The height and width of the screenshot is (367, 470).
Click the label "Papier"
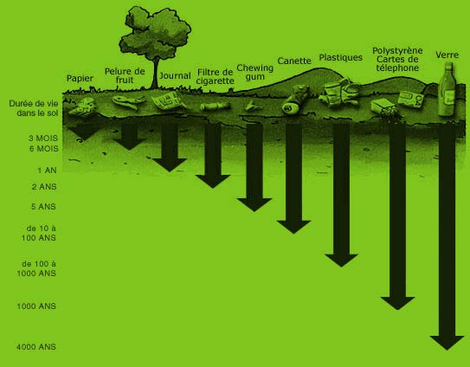80,79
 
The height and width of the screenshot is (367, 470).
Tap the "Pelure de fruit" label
125,75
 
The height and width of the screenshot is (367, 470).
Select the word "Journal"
175,75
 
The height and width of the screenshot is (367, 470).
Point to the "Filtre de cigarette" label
215,76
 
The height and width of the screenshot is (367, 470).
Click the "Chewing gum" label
254,72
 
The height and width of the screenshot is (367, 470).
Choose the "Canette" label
294,61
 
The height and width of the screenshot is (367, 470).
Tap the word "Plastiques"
340,57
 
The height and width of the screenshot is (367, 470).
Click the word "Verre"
447,55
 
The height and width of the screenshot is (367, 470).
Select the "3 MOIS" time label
43,138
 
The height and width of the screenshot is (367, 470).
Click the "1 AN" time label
47,171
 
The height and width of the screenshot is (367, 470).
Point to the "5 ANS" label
43,207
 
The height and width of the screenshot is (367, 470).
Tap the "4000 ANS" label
36,347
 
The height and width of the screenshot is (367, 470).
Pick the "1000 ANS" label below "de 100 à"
36,274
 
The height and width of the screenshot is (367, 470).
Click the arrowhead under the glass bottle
447,343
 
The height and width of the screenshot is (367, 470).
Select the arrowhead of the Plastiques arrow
341,261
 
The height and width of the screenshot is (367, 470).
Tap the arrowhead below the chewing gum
254,205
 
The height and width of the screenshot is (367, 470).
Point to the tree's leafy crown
155,33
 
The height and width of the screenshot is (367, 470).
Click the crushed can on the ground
295,100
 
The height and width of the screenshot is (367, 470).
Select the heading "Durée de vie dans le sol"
34,108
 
